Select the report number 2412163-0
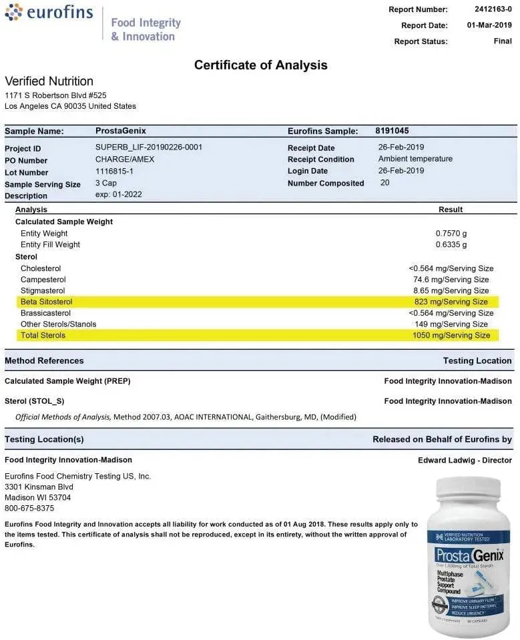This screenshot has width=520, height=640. [x=493, y=9]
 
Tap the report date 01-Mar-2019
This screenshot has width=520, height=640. [x=489, y=25]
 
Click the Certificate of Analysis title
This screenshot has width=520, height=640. [x=260, y=65]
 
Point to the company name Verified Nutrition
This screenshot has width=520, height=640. [x=49, y=81]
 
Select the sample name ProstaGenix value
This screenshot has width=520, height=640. [x=120, y=131]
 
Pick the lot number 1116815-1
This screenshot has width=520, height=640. [x=115, y=171]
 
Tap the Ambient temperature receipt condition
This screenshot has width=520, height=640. [x=415, y=159]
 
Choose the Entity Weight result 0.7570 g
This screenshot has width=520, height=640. [x=451, y=234]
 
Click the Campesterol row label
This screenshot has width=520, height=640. [x=43, y=280]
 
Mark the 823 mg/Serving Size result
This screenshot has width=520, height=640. [x=451, y=302]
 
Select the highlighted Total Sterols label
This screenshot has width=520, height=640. [x=43, y=335]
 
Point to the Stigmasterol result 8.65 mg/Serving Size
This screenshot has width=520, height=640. [x=451, y=291]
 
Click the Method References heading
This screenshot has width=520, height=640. [x=44, y=360]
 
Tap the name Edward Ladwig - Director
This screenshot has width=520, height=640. [x=465, y=460]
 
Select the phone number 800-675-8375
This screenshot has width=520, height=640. [x=30, y=508]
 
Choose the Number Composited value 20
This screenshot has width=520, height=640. [x=385, y=182]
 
